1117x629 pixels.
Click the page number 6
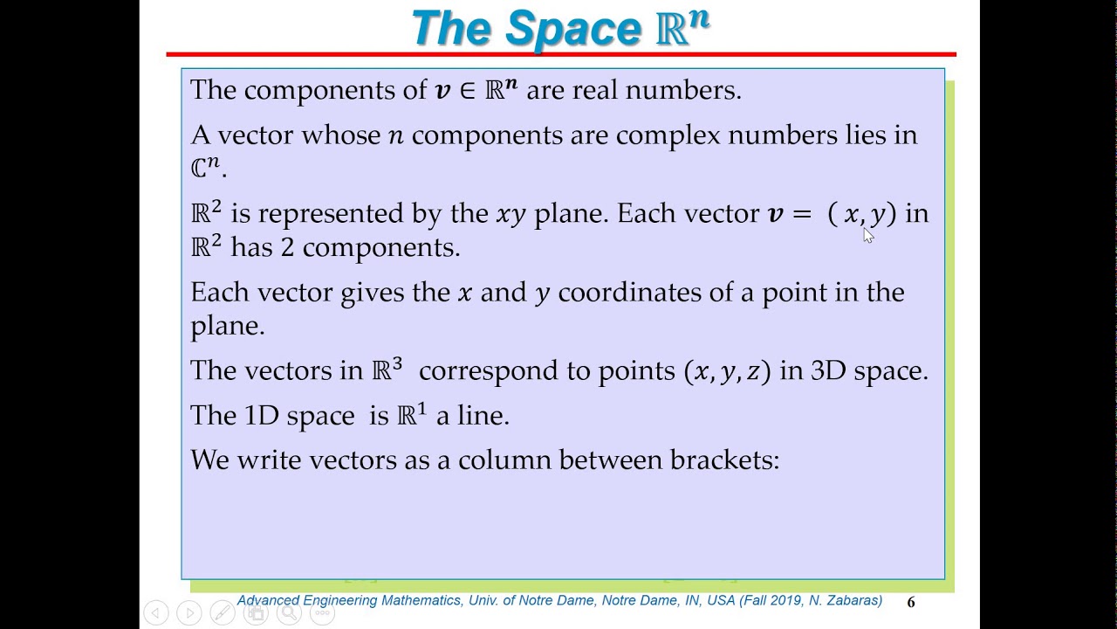[911, 602]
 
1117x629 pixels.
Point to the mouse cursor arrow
[867, 234]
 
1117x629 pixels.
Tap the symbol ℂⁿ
[206, 167]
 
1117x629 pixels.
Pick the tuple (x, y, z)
[728, 371]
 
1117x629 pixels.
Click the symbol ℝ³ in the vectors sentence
[387, 370]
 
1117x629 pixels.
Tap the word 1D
[261, 416]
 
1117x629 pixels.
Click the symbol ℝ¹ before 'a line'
[412, 415]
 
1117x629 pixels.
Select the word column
[504, 460]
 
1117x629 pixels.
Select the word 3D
[828, 371]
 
